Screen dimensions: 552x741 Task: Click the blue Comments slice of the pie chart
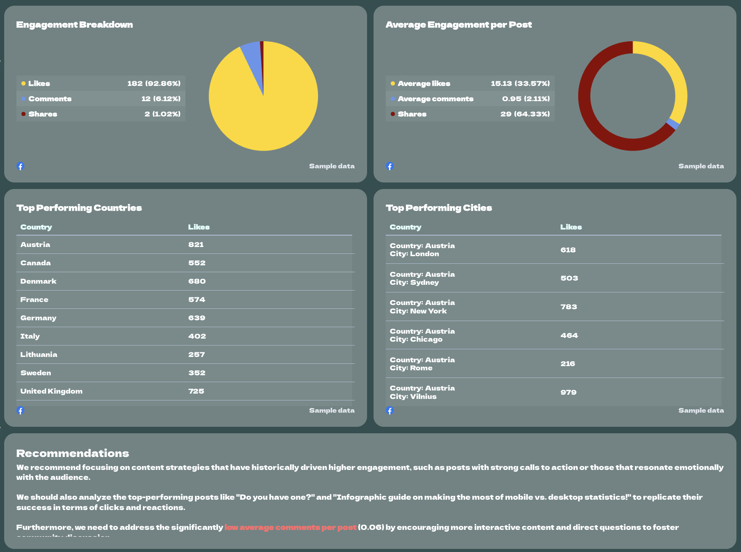[x=252, y=57]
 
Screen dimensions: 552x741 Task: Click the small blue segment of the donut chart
[x=673, y=124]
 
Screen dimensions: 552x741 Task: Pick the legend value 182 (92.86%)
[x=154, y=83]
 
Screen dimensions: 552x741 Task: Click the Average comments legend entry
[x=435, y=99]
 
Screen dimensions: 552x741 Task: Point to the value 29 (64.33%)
[x=525, y=114]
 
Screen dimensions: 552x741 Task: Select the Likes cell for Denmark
[x=197, y=281]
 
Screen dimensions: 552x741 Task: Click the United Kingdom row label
[x=51, y=391]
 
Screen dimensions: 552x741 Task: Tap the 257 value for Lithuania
[x=197, y=355]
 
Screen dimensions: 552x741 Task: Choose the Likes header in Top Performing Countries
[x=199, y=227]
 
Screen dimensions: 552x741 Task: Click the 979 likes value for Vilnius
[x=568, y=392]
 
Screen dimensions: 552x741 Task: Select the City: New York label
[x=418, y=311]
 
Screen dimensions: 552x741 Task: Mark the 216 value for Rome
[x=568, y=364]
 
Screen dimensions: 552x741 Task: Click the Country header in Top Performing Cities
[x=405, y=227]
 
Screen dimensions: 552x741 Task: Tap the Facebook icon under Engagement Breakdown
[x=21, y=166]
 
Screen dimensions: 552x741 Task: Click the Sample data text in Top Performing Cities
[x=701, y=410]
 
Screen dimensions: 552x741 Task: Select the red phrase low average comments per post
[x=290, y=527]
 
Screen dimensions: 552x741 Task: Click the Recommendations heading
[x=72, y=453]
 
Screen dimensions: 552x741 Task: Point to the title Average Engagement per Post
[x=458, y=25]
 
